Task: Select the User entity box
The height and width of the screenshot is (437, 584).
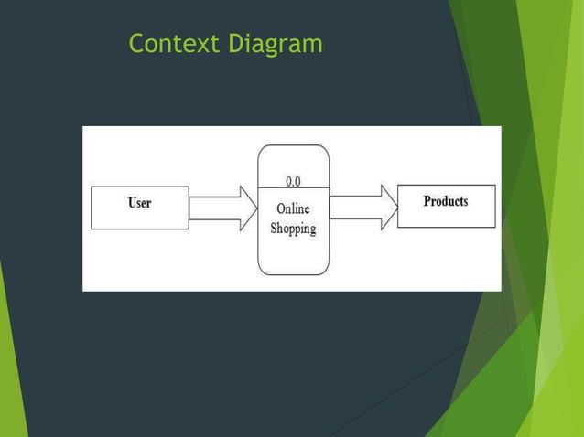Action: (x=140, y=208)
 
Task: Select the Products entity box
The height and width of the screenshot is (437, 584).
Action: (x=446, y=206)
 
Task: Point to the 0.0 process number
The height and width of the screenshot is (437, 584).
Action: (x=294, y=181)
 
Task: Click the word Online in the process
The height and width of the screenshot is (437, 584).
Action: (x=293, y=209)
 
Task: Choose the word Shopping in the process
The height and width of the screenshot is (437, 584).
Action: (x=293, y=229)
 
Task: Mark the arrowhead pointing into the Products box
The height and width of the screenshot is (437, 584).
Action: (x=389, y=207)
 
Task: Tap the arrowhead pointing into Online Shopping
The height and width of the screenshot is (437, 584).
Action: (x=248, y=208)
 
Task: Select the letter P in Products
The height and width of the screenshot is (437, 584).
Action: (x=427, y=201)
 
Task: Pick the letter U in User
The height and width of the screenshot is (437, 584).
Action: (x=131, y=203)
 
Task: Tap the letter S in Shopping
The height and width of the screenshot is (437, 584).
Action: (x=274, y=228)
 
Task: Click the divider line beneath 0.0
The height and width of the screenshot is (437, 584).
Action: (x=293, y=189)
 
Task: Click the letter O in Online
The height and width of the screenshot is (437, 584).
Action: (x=281, y=209)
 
